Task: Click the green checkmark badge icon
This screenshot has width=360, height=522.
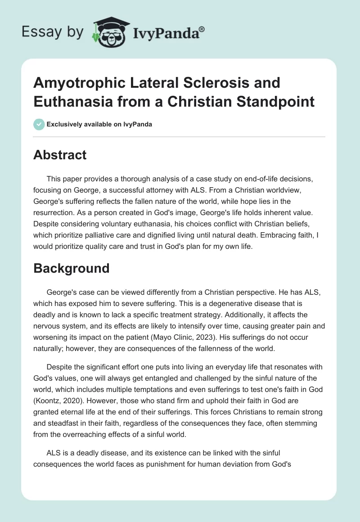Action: [39, 124]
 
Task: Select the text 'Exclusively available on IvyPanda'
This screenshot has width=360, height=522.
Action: [99, 124]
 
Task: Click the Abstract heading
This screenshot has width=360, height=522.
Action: [60, 155]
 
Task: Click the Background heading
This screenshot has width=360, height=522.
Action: [71, 268]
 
